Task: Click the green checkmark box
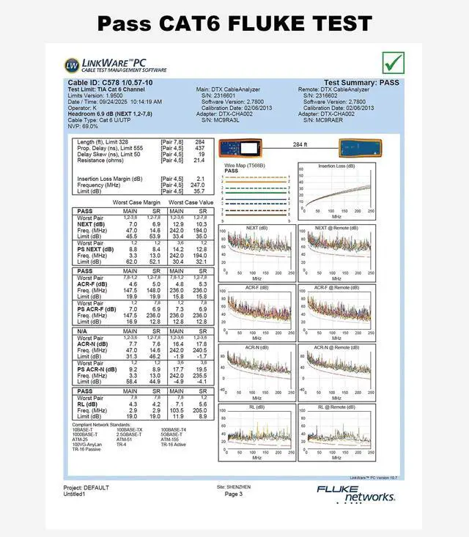[394, 62]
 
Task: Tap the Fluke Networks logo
[355, 493]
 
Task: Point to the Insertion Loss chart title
[336, 166]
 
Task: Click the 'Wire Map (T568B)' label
[245, 166]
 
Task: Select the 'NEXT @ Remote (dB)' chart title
[337, 228]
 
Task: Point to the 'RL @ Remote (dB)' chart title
[337, 407]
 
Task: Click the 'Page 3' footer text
[234, 495]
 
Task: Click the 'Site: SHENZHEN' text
[234, 486]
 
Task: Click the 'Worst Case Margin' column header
[136, 201]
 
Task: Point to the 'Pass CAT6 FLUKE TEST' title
[234, 23]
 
